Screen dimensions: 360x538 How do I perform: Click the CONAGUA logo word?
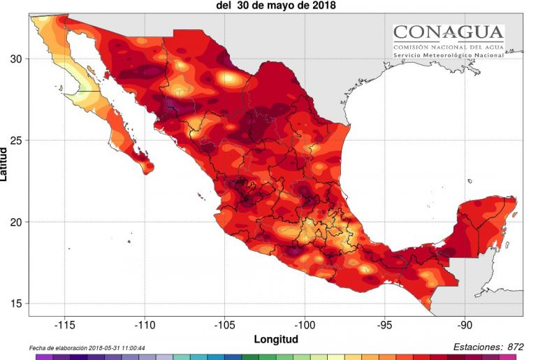tap(448, 32)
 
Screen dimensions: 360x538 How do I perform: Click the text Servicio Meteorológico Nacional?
tap(448, 55)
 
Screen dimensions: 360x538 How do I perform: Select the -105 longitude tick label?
tap(225, 325)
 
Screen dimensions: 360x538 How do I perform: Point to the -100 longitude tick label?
tap(305, 325)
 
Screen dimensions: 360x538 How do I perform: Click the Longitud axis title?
tap(276, 339)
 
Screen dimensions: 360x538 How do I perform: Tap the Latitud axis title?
tap(5, 161)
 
